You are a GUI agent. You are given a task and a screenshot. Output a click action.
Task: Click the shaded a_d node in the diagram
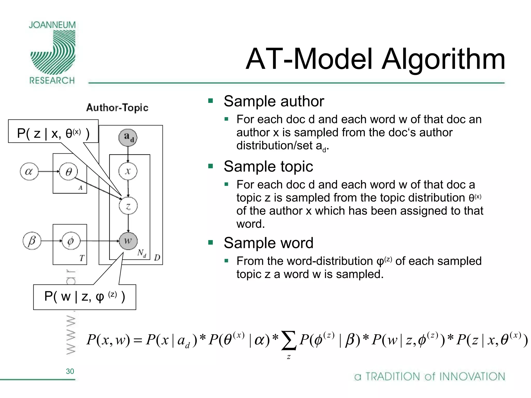[128, 137]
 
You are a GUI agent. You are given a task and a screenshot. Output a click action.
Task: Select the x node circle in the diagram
[128, 171]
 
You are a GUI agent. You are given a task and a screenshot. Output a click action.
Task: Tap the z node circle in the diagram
[128, 206]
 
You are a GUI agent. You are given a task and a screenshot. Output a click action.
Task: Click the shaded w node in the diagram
[128, 241]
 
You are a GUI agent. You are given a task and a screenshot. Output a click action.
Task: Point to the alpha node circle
[29, 171]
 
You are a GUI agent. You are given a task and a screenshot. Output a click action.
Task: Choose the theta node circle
[68, 171]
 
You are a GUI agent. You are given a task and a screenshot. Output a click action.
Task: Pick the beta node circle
[32, 241]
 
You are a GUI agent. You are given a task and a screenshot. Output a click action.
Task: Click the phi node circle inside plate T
[71, 241]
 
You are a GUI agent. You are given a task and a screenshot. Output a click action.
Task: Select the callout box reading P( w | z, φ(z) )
[85, 297]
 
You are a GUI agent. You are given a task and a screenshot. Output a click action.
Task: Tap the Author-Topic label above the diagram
[117, 108]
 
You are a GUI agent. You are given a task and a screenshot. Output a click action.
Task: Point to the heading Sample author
[274, 101]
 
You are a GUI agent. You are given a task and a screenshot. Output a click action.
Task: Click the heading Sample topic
[268, 166]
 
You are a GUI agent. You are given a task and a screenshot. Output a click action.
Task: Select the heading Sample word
[269, 243]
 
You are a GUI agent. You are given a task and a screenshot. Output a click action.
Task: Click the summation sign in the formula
[289, 340]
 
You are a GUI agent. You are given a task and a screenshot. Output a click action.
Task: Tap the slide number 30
[70, 371]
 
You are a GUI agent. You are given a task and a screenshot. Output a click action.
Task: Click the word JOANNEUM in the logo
[52, 25]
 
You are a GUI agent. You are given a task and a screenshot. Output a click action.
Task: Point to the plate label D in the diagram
[157, 258]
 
